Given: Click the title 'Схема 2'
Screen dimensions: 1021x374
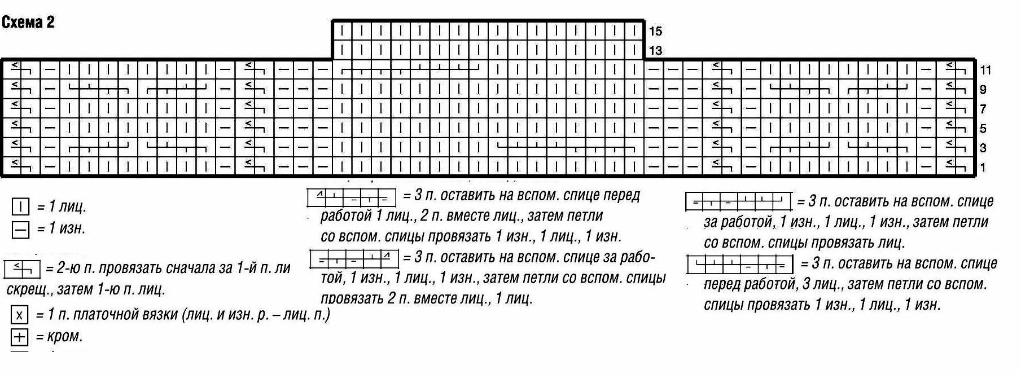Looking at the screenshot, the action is (x=28, y=23).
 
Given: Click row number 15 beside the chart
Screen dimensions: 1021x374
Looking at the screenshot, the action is (x=655, y=31).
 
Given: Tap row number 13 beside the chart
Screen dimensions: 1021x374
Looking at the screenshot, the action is (x=655, y=51).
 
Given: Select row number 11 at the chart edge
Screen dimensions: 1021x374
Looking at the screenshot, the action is (x=985, y=71).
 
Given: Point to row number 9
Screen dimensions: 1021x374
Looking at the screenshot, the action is (x=983, y=90).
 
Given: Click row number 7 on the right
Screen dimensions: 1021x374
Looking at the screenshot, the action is (x=983, y=109).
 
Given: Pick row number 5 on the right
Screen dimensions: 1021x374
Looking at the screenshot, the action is (x=983, y=129).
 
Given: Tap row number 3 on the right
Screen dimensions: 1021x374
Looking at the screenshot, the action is (x=983, y=148).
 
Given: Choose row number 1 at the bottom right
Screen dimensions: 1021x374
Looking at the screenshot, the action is (x=983, y=168).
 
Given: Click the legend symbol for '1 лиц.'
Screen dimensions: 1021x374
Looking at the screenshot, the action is (x=20, y=208).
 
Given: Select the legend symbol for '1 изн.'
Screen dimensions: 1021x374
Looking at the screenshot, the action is (x=20, y=230).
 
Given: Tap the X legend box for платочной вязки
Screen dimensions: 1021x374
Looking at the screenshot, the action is (x=19, y=315).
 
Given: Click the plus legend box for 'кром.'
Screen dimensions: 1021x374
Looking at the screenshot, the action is (x=19, y=337).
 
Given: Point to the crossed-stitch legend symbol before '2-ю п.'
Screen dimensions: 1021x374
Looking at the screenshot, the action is (x=21, y=269).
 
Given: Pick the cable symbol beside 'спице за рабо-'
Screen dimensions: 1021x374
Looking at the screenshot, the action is (x=354, y=259).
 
